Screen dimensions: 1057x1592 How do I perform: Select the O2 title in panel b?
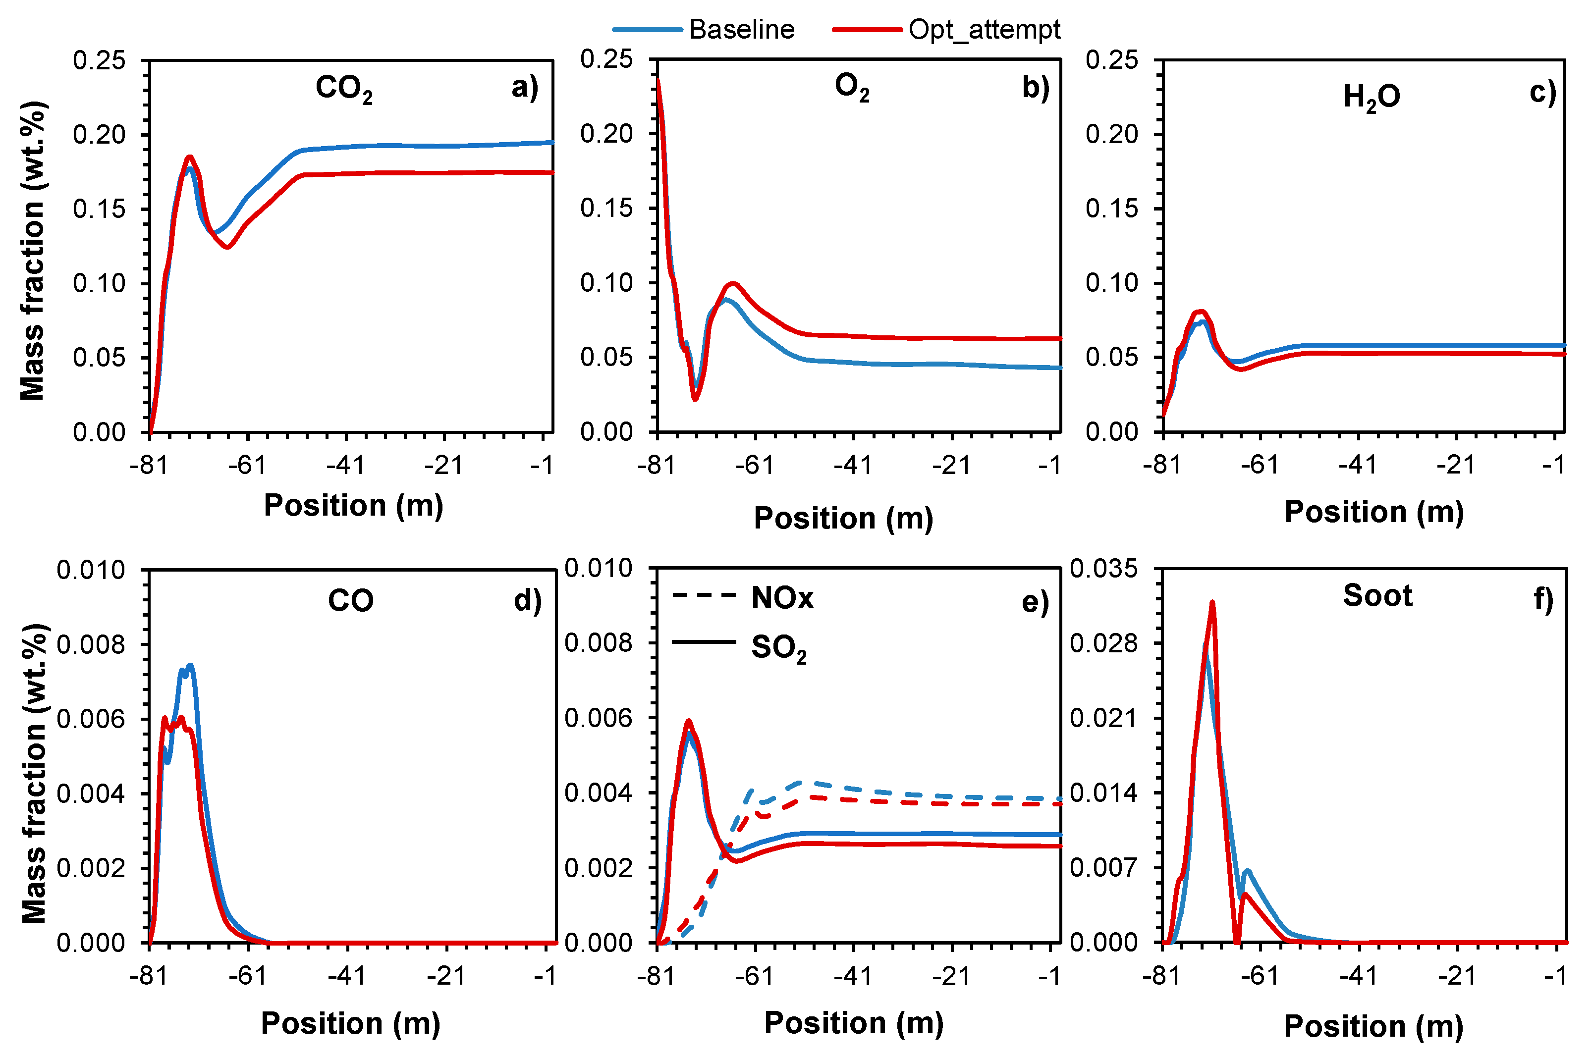point(852,87)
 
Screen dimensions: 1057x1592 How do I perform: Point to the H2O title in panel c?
point(1372,97)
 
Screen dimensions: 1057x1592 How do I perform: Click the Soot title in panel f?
point(1377,596)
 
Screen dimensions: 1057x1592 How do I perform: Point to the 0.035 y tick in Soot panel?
point(1103,568)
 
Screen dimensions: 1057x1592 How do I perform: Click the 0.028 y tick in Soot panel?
point(1103,643)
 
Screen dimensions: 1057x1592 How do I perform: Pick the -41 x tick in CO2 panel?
point(345,465)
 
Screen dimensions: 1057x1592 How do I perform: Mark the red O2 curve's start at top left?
point(658,81)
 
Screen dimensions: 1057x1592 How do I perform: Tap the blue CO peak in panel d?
point(190,665)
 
